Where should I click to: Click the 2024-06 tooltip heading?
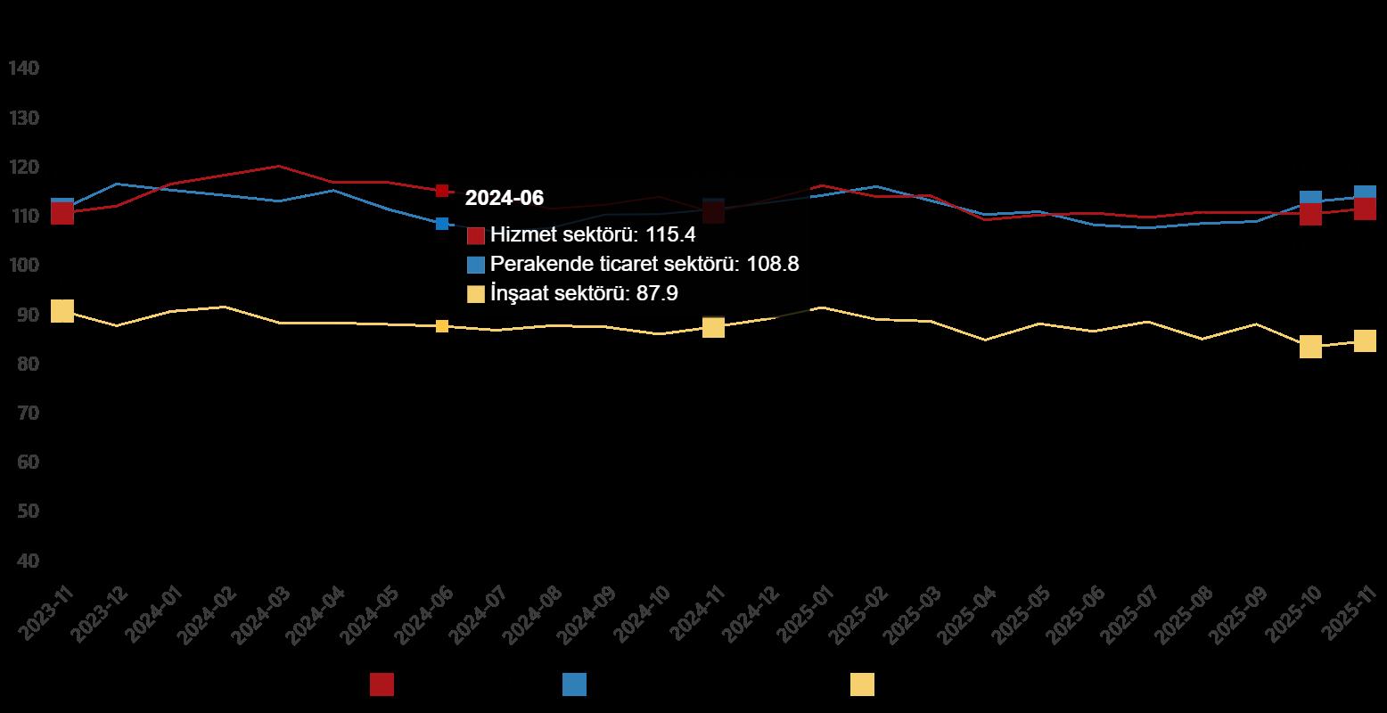pos(504,198)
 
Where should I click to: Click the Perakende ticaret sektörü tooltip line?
pos(637,264)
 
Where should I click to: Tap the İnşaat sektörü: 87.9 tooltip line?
pos(584,293)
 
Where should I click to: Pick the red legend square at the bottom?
pos(382,684)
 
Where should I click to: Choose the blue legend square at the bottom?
pos(574,684)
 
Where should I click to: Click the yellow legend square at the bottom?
pos(862,684)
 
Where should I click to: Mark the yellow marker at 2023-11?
pos(62,311)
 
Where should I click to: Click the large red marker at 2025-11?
pos(1365,209)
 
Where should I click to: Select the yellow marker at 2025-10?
pos(1310,347)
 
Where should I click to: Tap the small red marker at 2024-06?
pos(442,191)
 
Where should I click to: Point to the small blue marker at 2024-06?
pos(442,224)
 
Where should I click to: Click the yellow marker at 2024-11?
pos(713,327)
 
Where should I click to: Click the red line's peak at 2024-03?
pos(279,167)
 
